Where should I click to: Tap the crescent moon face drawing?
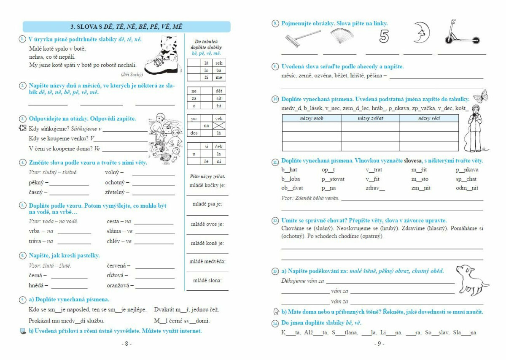[x=421, y=33]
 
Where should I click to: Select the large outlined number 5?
[x=384, y=36]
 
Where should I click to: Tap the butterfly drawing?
[x=481, y=95]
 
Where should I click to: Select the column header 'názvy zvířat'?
[x=370, y=119]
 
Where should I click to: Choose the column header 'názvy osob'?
[x=311, y=119]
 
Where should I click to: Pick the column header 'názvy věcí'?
[x=429, y=119]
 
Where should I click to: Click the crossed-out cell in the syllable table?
[x=218, y=126]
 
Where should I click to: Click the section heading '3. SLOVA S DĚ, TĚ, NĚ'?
[x=126, y=27]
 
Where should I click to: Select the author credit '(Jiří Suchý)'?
[x=132, y=75]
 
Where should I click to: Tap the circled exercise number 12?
[x=275, y=221]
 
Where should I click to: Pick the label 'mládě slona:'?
[x=207, y=280]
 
